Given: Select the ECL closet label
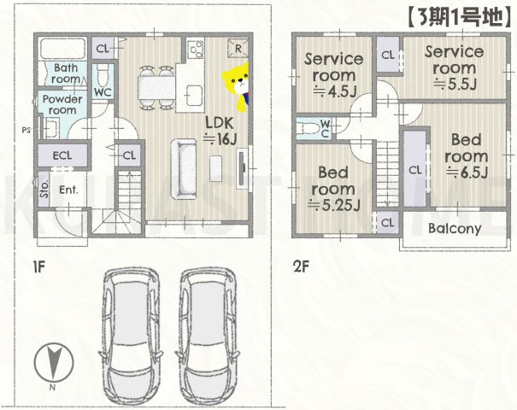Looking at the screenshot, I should pyautogui.click(x=60, y=156).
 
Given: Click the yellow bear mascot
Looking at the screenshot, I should pyautogui.click(x=237, y=83).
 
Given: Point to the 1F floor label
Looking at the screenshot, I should pyautogui.click(x=38, y=266).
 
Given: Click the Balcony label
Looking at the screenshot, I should pyautogui.click(x=454, y=229).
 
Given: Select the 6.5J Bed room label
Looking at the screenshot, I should pyautogui.click(x=467, y=155).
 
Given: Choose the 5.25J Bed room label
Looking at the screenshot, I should pyautogui.click(x=335, y=187).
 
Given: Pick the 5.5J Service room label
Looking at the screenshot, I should pyautogui.click(x=454, y=67).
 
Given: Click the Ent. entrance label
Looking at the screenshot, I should pyautogui.click(x=68, y=190).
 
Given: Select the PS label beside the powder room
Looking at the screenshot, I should pyautogui.click(x=26, y=130).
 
